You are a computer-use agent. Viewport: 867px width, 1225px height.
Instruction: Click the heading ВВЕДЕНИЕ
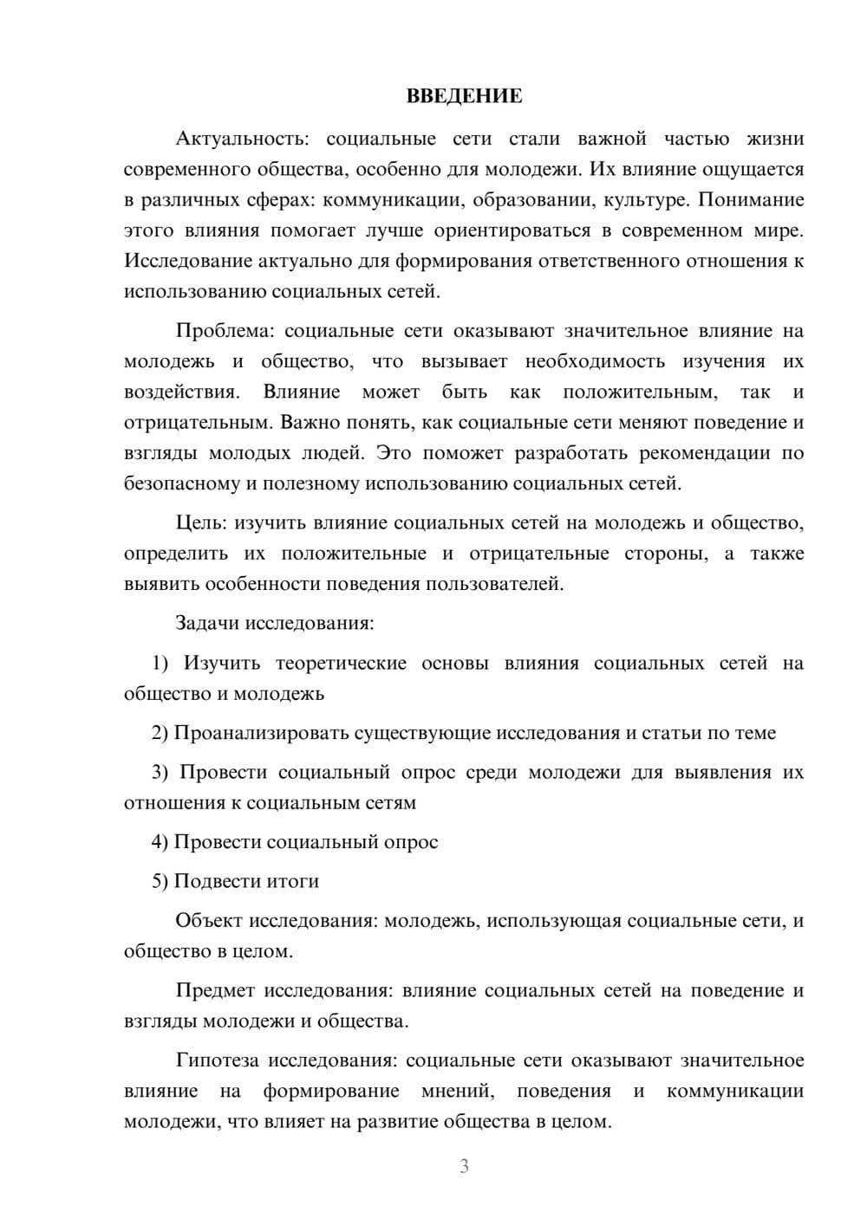pos(464,96)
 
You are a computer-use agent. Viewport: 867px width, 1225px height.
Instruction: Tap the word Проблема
pos(225,331)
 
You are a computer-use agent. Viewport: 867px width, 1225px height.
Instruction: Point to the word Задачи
pos(208,623)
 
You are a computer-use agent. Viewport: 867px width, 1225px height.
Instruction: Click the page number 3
pos(464,1166)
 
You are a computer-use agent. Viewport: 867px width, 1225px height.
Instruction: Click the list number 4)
pos(160,842)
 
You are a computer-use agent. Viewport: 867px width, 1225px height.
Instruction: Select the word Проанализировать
pos(261,733)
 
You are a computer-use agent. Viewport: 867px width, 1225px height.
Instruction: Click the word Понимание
pos(751,200)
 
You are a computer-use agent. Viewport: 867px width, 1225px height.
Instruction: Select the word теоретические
pos(341,664)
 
